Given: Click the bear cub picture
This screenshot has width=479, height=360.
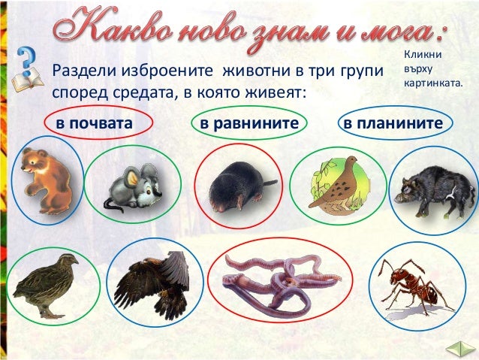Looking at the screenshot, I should click(x=46, y=180).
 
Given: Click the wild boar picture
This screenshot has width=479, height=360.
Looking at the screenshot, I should click(x=432, y=188).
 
